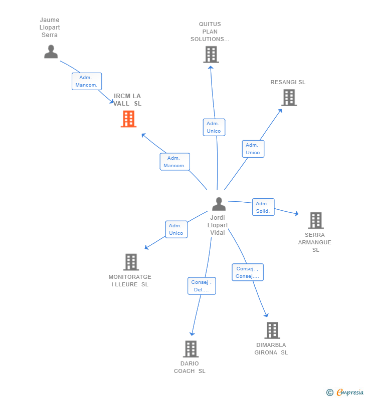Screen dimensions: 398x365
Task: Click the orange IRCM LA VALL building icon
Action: (x=128, y=119)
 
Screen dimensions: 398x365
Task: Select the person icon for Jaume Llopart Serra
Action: (x=51, y=52)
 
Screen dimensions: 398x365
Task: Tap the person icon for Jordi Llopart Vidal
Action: (x=219, y=204)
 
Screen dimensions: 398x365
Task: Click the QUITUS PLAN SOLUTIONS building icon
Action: (x=211, y=54)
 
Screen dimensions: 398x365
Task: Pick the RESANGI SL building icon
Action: (x=289, y=98)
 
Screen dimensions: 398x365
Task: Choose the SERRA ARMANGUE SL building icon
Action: (x=315, y=220)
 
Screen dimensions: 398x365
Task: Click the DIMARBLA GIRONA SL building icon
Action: (x=272, y=330)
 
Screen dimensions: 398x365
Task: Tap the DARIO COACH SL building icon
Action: (x=191, y=349)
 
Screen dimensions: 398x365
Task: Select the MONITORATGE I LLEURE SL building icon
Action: (x=130, y=262)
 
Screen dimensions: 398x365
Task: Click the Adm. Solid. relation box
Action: (x=263, y=207)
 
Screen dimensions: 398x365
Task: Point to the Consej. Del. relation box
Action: (x=202, y=286)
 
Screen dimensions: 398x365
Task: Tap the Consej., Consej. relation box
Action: (x=247, y=272)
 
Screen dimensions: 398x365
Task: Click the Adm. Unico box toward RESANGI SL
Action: (x=253, y=149)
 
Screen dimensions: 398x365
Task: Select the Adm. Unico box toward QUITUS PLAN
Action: (x=214, y=127)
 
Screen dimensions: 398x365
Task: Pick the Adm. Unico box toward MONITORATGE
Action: (x=176, y=229)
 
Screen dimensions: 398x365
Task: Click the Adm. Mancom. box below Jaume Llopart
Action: (x=86, y=81)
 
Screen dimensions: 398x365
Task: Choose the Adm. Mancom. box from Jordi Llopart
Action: (x=174, y=162)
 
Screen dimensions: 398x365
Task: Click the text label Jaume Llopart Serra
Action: (x=50, y=28)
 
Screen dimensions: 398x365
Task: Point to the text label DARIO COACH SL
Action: (x=190, y=367)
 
